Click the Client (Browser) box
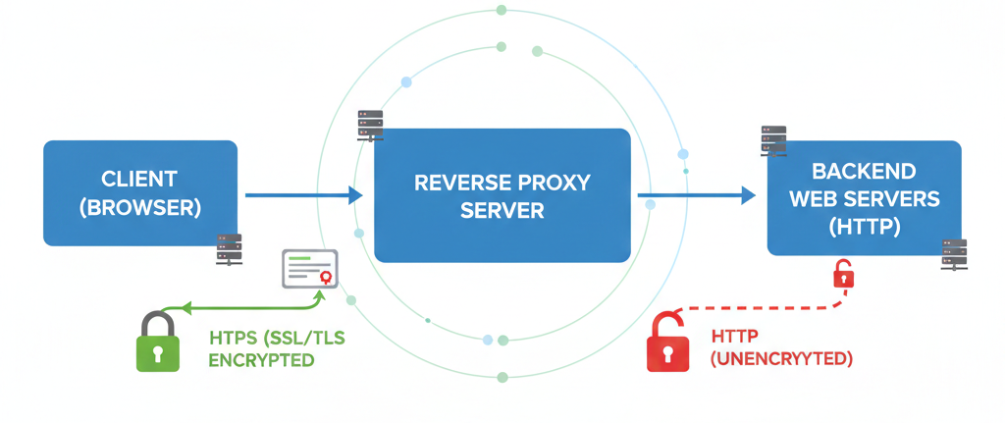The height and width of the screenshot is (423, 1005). (139, 192)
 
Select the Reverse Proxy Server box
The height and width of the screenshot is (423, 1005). (502, 195)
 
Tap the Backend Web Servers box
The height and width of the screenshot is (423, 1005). (864, 198)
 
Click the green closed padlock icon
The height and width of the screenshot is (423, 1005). (157, 344)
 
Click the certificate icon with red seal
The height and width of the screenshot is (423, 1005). (309, 269)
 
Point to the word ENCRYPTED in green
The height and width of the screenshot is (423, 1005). (261, 360)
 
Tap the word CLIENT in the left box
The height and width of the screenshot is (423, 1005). (139, 180)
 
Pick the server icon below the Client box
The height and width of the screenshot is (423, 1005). (229, 249)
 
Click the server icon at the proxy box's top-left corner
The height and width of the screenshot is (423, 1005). (370, 126)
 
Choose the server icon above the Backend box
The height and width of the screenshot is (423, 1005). (773, 140)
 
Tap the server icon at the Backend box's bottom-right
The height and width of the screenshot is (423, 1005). (953, 254)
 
